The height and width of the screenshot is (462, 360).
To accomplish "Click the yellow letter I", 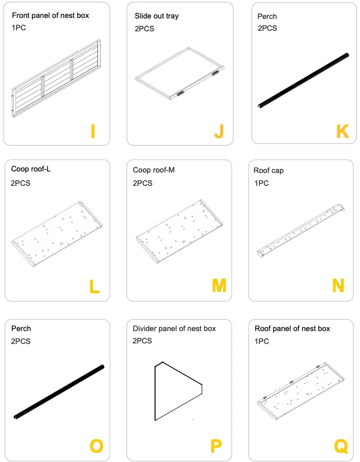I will [x=92, y=132].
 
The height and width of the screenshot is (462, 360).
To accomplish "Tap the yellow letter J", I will [x=219, y=132].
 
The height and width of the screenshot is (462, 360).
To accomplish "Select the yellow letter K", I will [x=343, y=132].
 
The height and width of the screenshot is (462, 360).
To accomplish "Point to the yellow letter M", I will [x=219, y=285].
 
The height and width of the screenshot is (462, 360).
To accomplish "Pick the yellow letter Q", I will [x=341, y=446].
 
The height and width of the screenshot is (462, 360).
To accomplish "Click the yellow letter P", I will [x=216, y=446].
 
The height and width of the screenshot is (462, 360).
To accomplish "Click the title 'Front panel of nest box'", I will [x=50, y=15].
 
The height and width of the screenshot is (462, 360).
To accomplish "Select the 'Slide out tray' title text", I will [x=157, y=16].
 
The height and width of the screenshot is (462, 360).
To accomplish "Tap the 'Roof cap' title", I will [x=268, y=170].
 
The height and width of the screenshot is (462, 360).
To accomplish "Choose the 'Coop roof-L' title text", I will [x=31, y=169].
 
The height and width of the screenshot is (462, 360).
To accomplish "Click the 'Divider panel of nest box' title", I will [x=174, y=329].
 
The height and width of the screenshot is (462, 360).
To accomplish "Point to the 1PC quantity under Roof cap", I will [x=261, y=183].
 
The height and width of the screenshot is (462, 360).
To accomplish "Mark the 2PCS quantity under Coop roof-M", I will [x=142, y=183].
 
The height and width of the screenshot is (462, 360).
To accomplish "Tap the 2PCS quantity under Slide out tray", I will [x=144, y=29].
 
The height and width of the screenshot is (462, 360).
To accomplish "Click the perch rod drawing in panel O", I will [x=59, y=392].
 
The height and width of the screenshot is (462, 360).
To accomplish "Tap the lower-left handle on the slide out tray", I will [x=180, y=93].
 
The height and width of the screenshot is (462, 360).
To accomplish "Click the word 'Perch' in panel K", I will [x=267, y=16].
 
